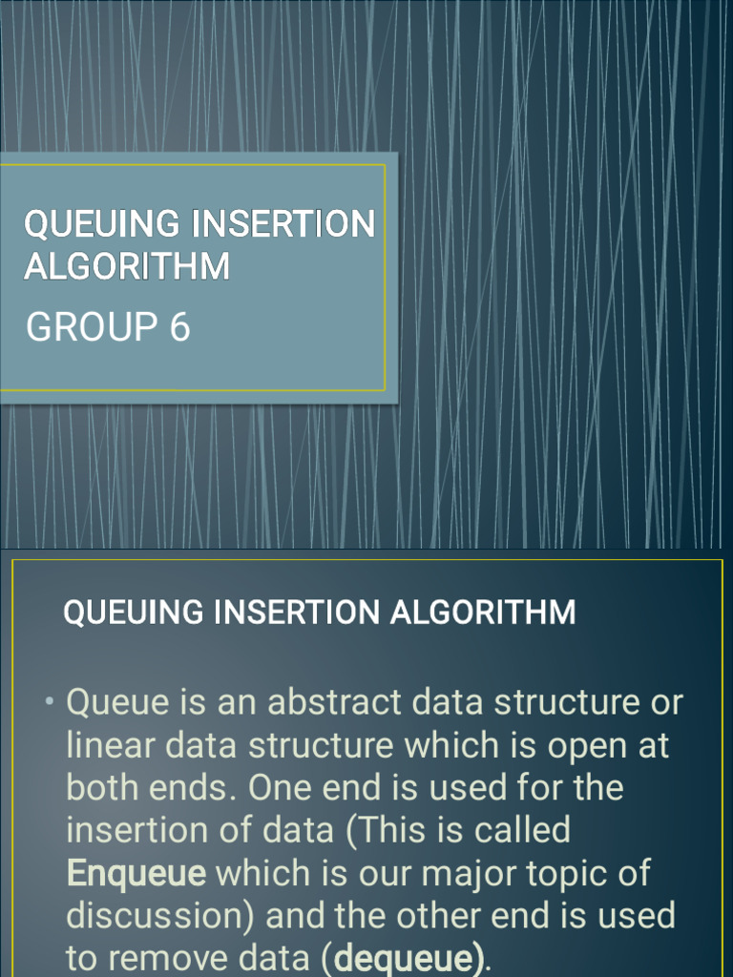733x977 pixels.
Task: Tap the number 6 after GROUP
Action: (x=179, y=327)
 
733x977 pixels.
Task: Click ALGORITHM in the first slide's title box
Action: (x=127, y=266)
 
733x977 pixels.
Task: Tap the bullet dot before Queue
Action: (x=50, y=703)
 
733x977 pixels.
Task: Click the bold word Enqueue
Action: (x=136, y=873)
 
